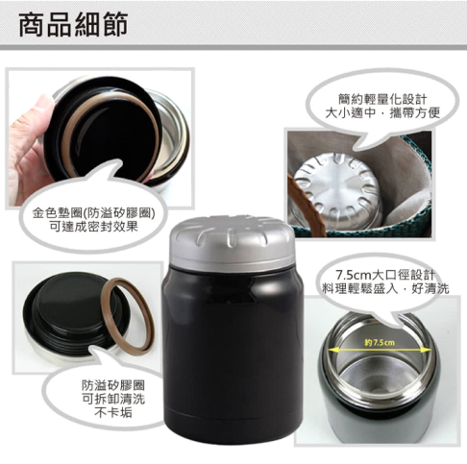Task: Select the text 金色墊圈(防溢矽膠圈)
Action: [88, 213]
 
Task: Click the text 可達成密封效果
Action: [88, 228]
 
